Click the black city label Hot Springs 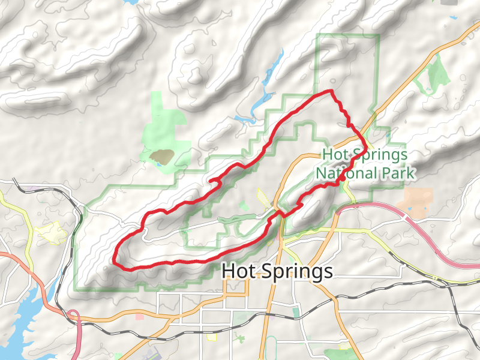pyautogui.click(x=277, y=271)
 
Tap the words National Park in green pyautogui.click(x=365, y=173)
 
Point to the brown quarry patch pyautogui.click(x=162, y=157)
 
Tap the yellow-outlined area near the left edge pyautogui.click(x=51, y=231)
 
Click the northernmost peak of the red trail pyautogui.click(x=329, y=91)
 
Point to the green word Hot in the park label pyautogui.click(x=334, y=154)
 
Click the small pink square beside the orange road pyautogui.click(x=140, y=316)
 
